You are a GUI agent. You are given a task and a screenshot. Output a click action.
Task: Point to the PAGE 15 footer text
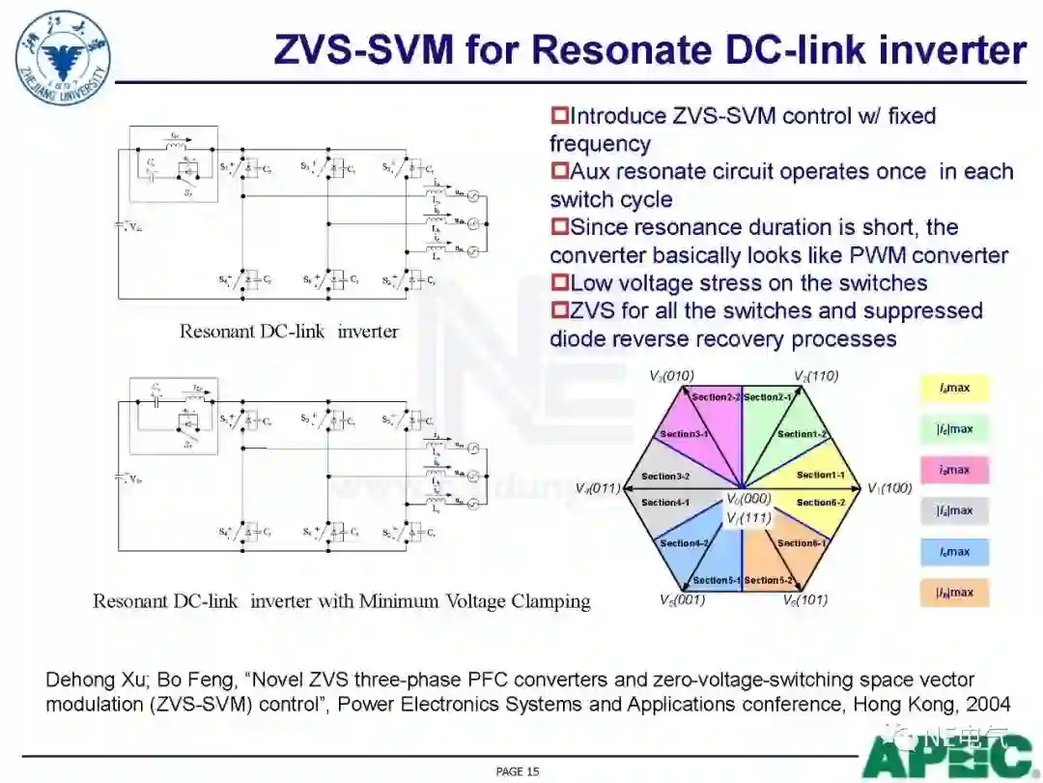point(518,771)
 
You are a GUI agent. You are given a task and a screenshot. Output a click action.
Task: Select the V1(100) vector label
point(889,488)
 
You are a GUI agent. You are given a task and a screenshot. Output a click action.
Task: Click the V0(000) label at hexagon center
point(748,499)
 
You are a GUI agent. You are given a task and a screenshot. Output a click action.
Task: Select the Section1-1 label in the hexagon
point(821,475)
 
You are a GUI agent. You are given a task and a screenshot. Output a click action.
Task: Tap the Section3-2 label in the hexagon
point(665,476)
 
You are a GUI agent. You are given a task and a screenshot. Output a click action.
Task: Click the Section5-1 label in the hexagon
point(716,580)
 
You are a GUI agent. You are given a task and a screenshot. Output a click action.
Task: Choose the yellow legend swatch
point(954,388)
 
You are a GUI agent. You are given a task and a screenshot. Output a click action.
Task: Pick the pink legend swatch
point(954,470)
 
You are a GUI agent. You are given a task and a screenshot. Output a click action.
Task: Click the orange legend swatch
point(954,593)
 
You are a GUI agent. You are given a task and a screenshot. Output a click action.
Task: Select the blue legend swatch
point(954,552)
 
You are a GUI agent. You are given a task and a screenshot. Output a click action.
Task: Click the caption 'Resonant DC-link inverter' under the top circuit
point(289,332)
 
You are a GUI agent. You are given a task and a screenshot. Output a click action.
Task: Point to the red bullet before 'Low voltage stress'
point(559,283)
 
